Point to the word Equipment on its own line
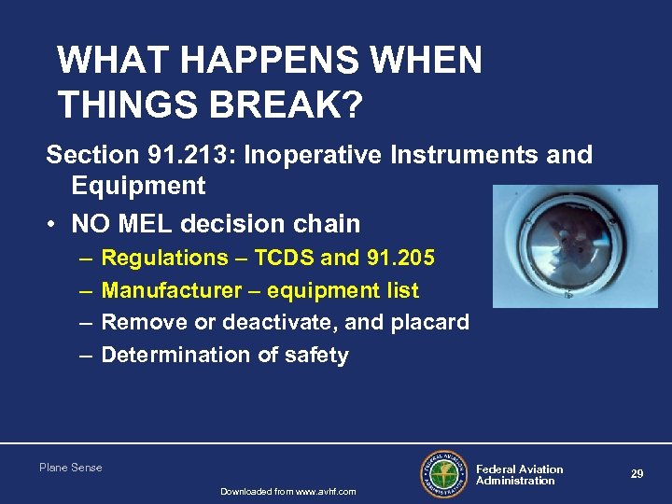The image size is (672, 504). (x=138, y=186)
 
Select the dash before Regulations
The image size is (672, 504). (x=85, y=258)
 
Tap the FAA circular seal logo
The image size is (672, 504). (x=444, y=474)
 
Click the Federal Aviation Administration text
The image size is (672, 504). (x=519, y=475)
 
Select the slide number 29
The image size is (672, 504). (x=637, y=474)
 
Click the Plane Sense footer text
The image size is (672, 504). (x=71, y=468)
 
